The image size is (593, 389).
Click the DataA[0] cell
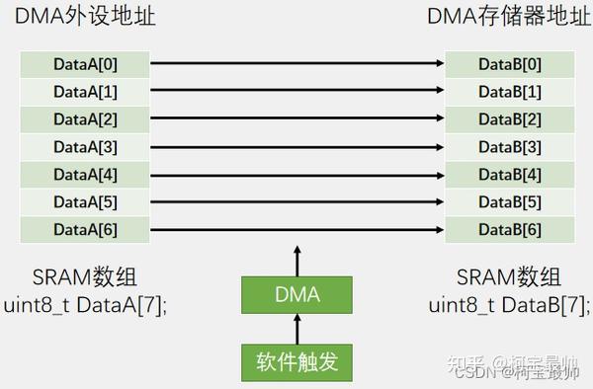(85, 65)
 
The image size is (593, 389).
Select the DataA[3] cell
(85, 147)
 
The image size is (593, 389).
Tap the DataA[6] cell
(85, 230)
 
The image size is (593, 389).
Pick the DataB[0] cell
(510, 65)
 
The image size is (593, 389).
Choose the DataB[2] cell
(510, 119)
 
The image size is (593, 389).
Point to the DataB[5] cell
(510, 202)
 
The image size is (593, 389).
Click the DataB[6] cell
(510, 230)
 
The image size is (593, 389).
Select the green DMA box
(296, 295)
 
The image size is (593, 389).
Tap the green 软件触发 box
(296, 361)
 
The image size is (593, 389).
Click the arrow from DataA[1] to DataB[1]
(296, 93)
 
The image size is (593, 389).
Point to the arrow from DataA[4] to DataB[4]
(296, 176)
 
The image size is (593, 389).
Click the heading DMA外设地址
(85, 17)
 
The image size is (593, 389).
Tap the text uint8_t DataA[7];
(85, 304)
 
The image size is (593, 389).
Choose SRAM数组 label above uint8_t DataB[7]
(509, 277)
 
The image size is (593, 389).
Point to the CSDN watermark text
(479, 373)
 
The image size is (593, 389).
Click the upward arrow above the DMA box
(296, 259)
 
